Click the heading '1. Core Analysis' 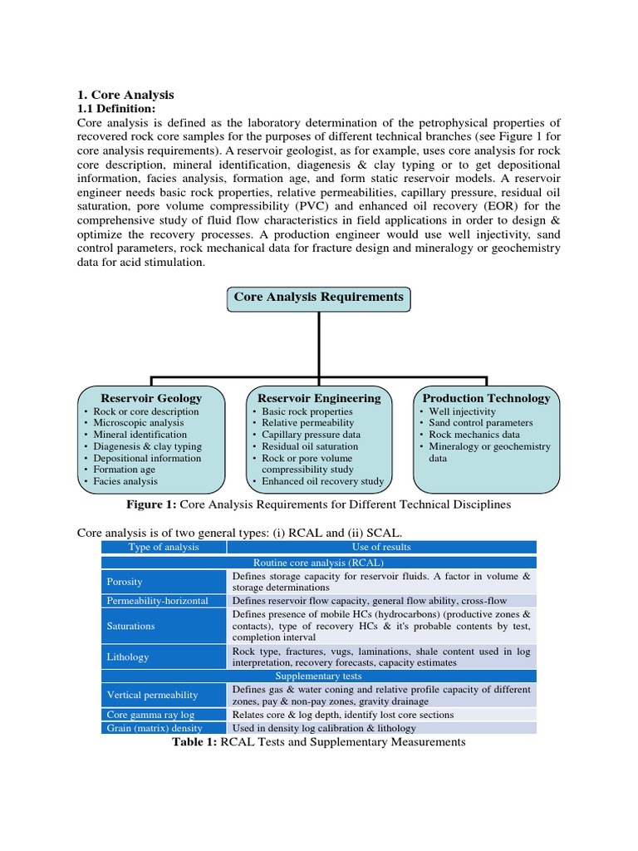pyautogui.click(x=125, y=95)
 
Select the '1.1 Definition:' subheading pyautogui.click(x=115, y=109)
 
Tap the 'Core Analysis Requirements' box pyautogui.click(x=318, y=297)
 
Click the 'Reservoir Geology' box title pyautogui.click(x=151, y=398)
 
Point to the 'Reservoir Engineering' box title pyautogui.click(x=319, y=398)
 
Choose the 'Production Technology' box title pyautogui.click(x=486, y=398)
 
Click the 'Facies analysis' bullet pyautogui.click(x=125, y=481)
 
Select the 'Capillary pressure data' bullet pyautogui.click(x=311, y=435)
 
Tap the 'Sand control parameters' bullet pyautogui.click(x=480, y=423)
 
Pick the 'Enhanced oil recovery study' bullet pyautogui.click(x=322, y=481)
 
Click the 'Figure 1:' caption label pyautogui.click(x=151, y=504)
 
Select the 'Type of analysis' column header pyautogui.click(x=164, y=547)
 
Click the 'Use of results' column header pyautogui.click(x=381, y=547)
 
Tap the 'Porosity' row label pyautogui.click(x=125, y=582)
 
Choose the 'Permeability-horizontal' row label pyautogui.click(x=157, y=600)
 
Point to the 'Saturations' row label pyautogui.click(x=131, y=625)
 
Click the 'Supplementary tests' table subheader pyautogui.click(x=318, y=676)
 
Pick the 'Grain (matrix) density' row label pyautogui.click(x=155, y=728)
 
